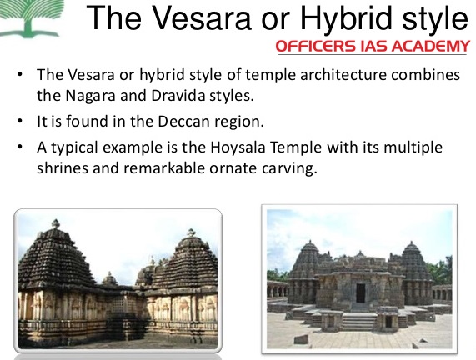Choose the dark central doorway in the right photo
point(360,293)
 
